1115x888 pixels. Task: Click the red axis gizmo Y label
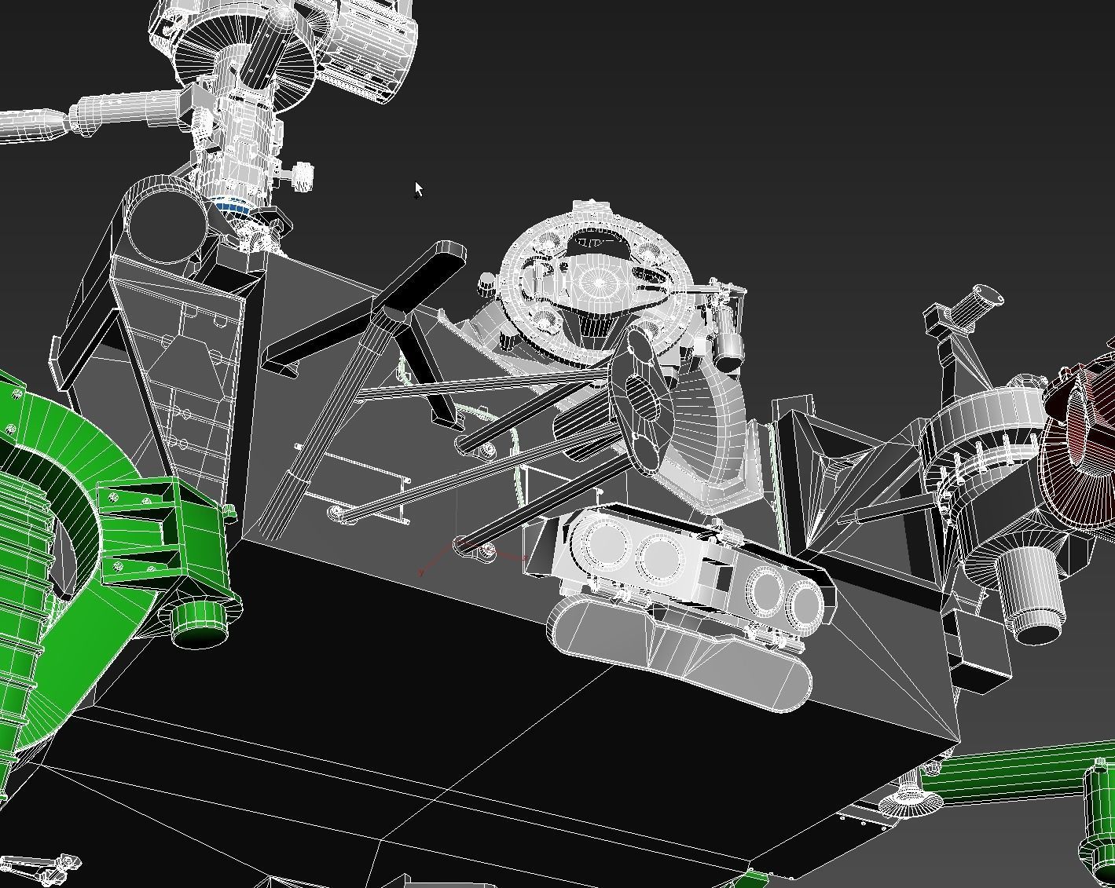pyautogui.click(x=422, y=573)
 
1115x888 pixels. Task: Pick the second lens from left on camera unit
pyautogui.click(x=660, y=556)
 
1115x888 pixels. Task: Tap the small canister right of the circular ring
pyautogui.click(x=728, y=349)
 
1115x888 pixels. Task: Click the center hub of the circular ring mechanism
pyautogui.click(x=597, y=281)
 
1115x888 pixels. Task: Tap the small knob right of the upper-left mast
pyautogui.click(x=301, y=176)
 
